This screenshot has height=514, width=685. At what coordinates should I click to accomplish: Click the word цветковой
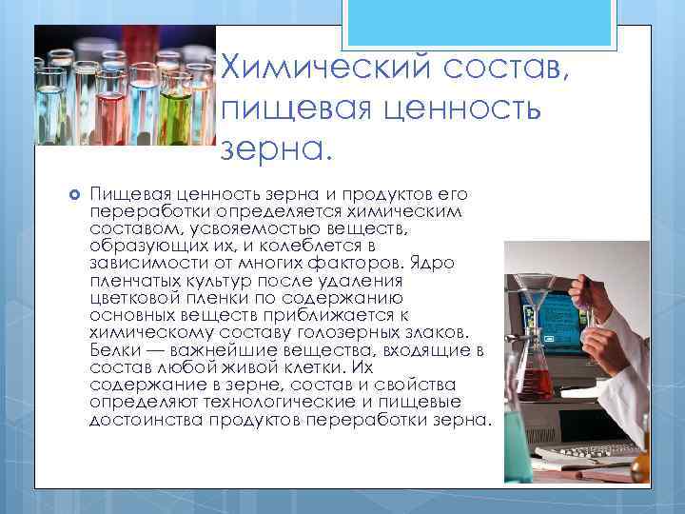(134, 298)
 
